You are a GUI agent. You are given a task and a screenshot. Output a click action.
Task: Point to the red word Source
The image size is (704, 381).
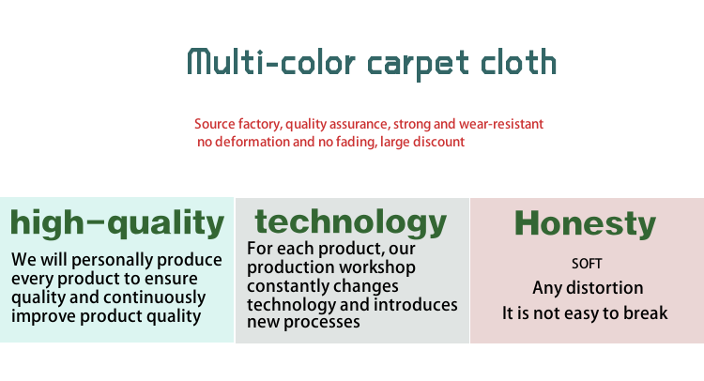click(215, 124)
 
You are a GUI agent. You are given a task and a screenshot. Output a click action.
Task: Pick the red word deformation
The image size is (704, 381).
click(247, 142)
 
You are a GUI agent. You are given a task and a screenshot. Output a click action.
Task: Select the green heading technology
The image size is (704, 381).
click(351, 221)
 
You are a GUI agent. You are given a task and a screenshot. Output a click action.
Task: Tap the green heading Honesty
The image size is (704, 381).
click(585, 223)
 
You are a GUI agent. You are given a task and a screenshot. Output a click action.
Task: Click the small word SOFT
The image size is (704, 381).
click(587, 264)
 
